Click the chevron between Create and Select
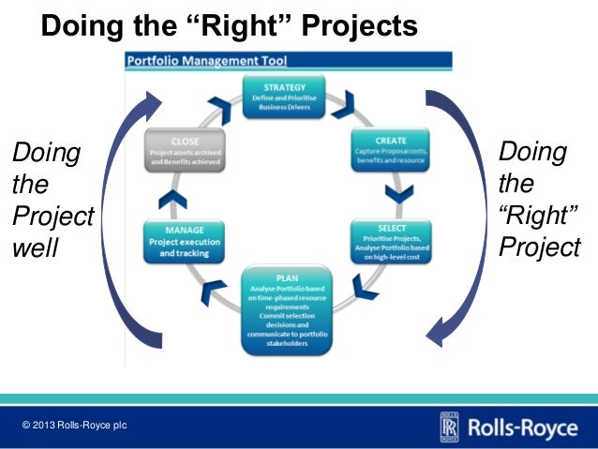(x=399, y=193)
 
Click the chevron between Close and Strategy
(x=218, y=102)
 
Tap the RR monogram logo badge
(x=448, y=427)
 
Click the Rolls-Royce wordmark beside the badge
(x=522, y=427)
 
